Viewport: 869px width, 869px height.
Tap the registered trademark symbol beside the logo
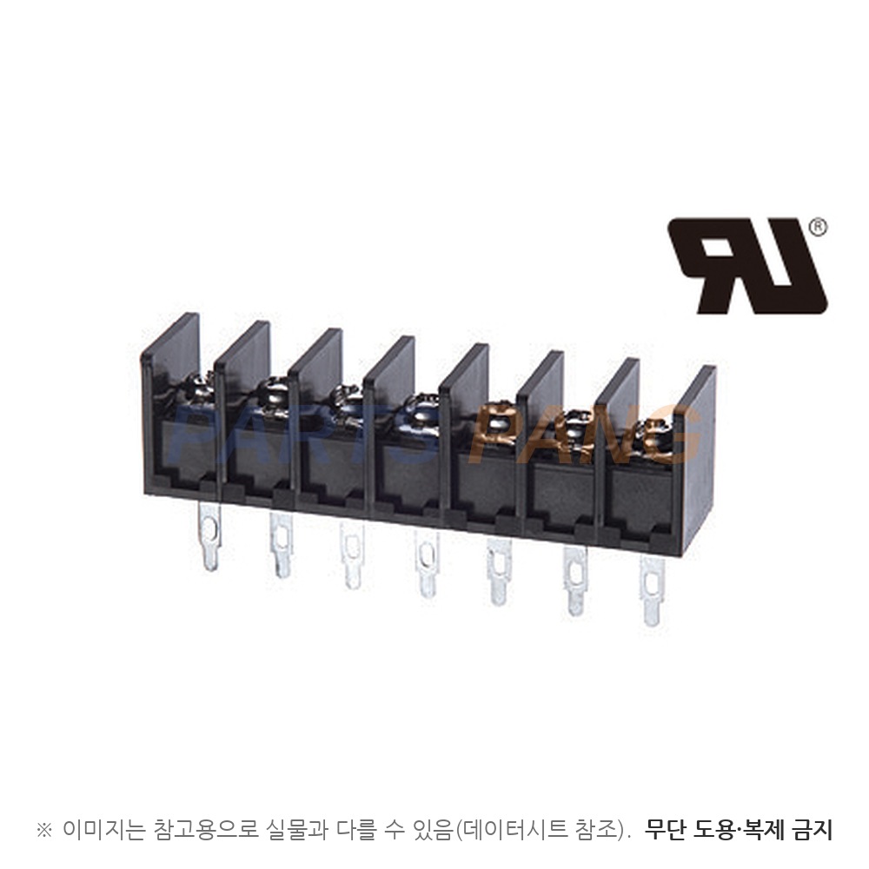[818, 227]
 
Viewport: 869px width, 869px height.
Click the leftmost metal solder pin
[210, 536]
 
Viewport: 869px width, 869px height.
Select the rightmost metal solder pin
[652, 591]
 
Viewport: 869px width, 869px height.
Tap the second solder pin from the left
[282, 545]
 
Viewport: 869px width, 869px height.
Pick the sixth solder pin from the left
[575, 581]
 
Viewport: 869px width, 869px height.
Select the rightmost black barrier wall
[698, 460]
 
